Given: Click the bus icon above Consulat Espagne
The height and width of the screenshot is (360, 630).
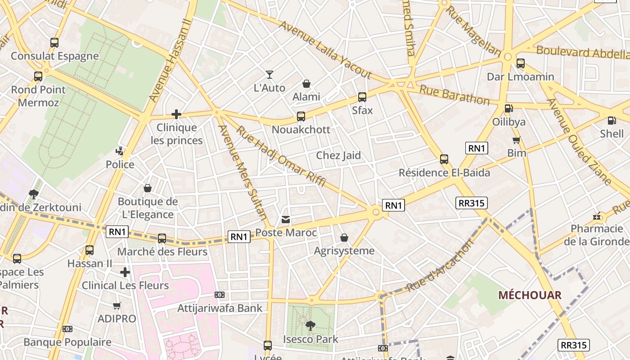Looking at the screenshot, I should click(x=54, y=43).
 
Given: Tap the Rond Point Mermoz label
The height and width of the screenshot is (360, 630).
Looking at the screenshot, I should click(x=38, y=96).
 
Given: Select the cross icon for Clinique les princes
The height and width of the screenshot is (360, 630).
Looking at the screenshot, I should click(x=176, y=114).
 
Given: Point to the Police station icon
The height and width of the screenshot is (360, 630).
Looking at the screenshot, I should click(x=120, y=151).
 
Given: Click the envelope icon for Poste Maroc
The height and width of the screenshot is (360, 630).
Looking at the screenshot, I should click(x=286, y=220).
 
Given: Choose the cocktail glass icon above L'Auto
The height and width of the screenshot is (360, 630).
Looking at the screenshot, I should click(x=270, y=75).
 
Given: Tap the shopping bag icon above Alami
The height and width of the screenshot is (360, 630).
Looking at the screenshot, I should click(x=306, y=84).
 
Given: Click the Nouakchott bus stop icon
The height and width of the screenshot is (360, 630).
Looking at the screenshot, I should click(x=301, y=117).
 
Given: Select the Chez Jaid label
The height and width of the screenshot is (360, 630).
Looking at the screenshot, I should click(x=338, y=156).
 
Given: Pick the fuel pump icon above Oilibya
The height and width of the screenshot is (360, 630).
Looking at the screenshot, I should click(x=508, y=108).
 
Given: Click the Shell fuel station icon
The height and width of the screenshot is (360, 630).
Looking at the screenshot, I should click(x=612, y=121).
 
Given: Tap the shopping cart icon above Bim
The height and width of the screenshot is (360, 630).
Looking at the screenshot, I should click(x=517, y=140).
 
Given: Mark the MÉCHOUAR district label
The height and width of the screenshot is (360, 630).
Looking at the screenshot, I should click(x=530, y=295).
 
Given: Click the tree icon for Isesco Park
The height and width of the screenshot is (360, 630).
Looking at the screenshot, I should click(x=310, y=325).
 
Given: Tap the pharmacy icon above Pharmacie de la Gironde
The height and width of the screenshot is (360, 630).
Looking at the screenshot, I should click(x=597, y=216).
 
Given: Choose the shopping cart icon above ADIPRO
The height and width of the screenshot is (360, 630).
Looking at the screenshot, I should click(x=117, y=306).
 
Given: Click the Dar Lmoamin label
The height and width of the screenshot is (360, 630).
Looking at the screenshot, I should click(x=520, y=77).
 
